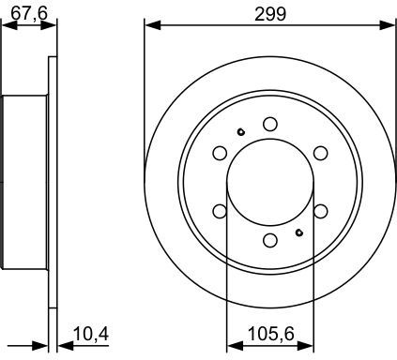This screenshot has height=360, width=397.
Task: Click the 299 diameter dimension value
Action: tap(270, 14)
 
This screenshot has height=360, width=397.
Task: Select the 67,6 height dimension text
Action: tap(29, 13)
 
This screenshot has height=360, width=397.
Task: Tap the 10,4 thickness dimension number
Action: tap(91, 334)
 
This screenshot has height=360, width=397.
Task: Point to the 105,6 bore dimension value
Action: tap(271, 334)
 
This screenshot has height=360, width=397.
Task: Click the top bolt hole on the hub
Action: tap(270, 124)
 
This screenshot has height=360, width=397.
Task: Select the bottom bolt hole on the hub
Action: tap(270, 240)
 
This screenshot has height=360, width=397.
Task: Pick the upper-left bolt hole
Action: tap(220, 153)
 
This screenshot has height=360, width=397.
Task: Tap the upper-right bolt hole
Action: tap(321, 153)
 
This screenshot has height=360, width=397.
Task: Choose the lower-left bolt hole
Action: tap(220, 211)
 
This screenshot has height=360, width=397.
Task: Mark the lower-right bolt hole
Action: tap(321, 211)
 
